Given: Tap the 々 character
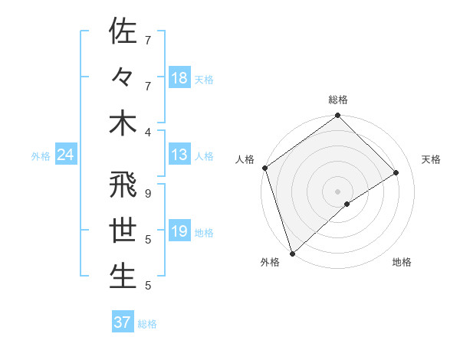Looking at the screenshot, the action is pyautogui.click(x=122, y=77).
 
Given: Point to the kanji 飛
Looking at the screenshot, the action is pyautogui.click(x=122, y=185).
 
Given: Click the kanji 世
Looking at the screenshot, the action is pyautogui.click(x=122, y=231).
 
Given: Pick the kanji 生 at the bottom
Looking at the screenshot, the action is pyautogui.click(x=122, y=277).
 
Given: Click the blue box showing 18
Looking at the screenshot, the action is pyautogui.click(x=179, y=78).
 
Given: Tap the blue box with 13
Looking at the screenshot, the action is pyautogui.click(x=179, y=155).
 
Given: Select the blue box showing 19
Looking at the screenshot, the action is pyautogui.click(x=179, y=232).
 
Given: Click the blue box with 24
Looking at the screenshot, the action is pyautogui.click(x=65, y=155).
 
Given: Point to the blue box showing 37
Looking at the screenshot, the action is pyautogui.click(x=122, y=322).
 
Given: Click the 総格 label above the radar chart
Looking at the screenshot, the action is pyautogui.click(x=337, y=100).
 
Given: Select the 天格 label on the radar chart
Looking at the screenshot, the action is pyautogui.click(x=432, y=159).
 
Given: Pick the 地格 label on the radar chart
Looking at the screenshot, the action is pyautogui.click(x=402, y=263).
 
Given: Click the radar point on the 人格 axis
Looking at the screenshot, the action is pyautogui.click(x=264, y=168).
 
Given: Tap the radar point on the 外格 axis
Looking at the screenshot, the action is pyautogui.click(x=292, y=253).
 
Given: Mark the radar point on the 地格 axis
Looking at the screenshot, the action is pyautogui.click(x=347, y=204).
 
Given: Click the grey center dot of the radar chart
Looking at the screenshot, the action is pyautogui.click(x=337, y=190).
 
